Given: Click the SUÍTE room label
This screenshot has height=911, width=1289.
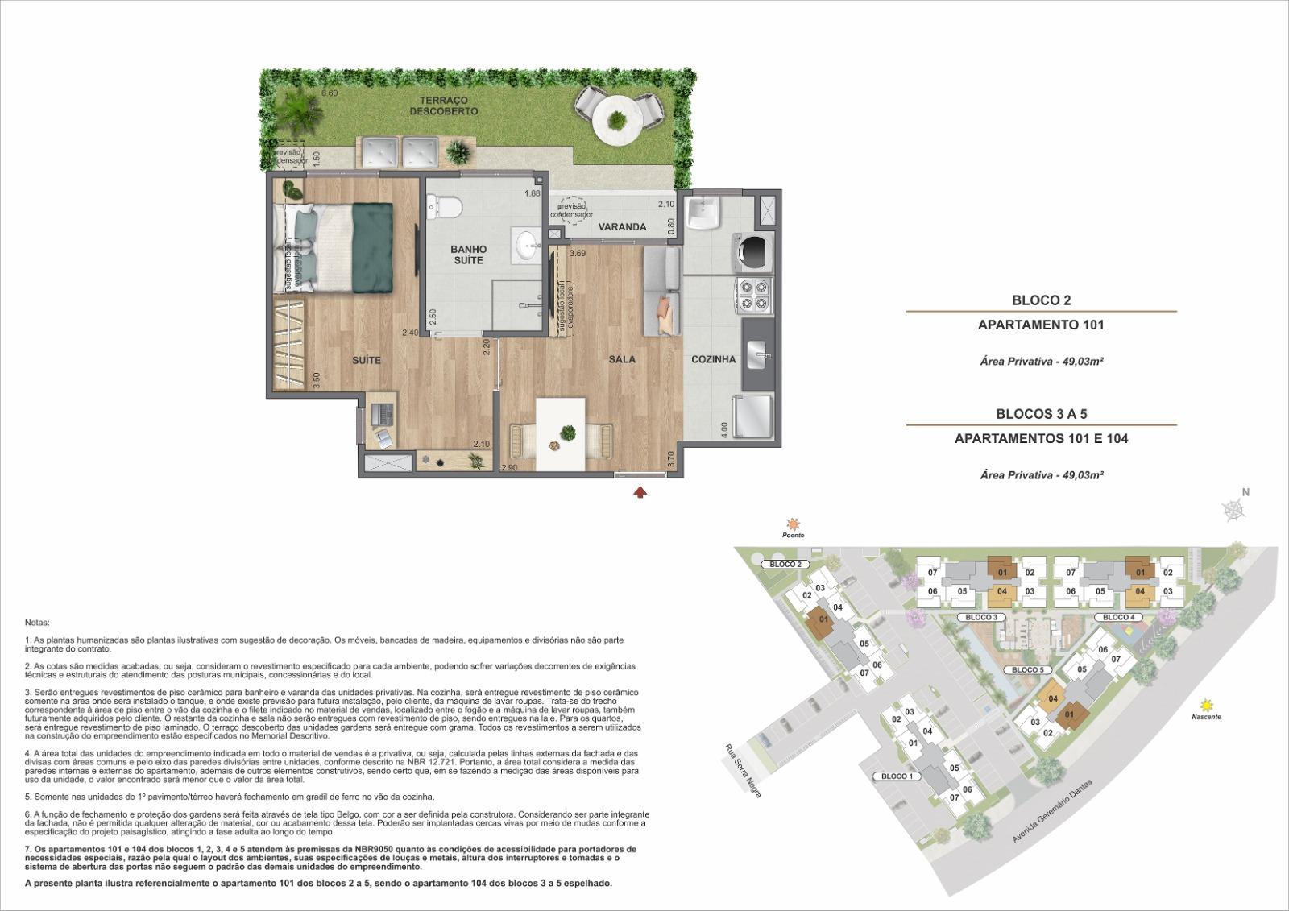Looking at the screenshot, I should click(x=366, y=360).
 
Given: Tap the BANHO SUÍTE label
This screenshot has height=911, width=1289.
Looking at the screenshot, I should click(x=467, y=255).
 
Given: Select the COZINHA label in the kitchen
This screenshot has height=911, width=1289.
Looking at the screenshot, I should click(x=713, y=359).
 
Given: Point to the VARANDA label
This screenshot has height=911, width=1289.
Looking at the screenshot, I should click(x=622, y=227).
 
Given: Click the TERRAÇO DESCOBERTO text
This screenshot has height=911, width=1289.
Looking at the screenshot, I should click(x=443, y=106).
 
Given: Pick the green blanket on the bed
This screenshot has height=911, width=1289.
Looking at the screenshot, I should click(x=372, y=247).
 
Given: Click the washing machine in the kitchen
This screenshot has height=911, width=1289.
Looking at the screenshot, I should click(x=753, y=250).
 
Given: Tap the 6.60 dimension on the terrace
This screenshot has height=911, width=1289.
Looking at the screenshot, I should click(x=329, y=93).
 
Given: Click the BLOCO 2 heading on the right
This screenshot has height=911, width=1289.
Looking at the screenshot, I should click(x=1041, y=300).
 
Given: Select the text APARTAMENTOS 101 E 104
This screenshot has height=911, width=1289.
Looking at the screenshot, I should click(x=1041, y=439).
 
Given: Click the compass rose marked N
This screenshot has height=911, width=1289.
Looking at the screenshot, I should click(x=1233, y=507).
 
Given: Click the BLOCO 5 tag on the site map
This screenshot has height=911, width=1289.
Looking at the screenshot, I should click(x=1027, y=670).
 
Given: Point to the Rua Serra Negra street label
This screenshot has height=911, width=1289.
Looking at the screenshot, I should click(x=742, y=769).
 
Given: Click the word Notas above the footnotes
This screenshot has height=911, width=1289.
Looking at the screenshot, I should click(x=37, y=623).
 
